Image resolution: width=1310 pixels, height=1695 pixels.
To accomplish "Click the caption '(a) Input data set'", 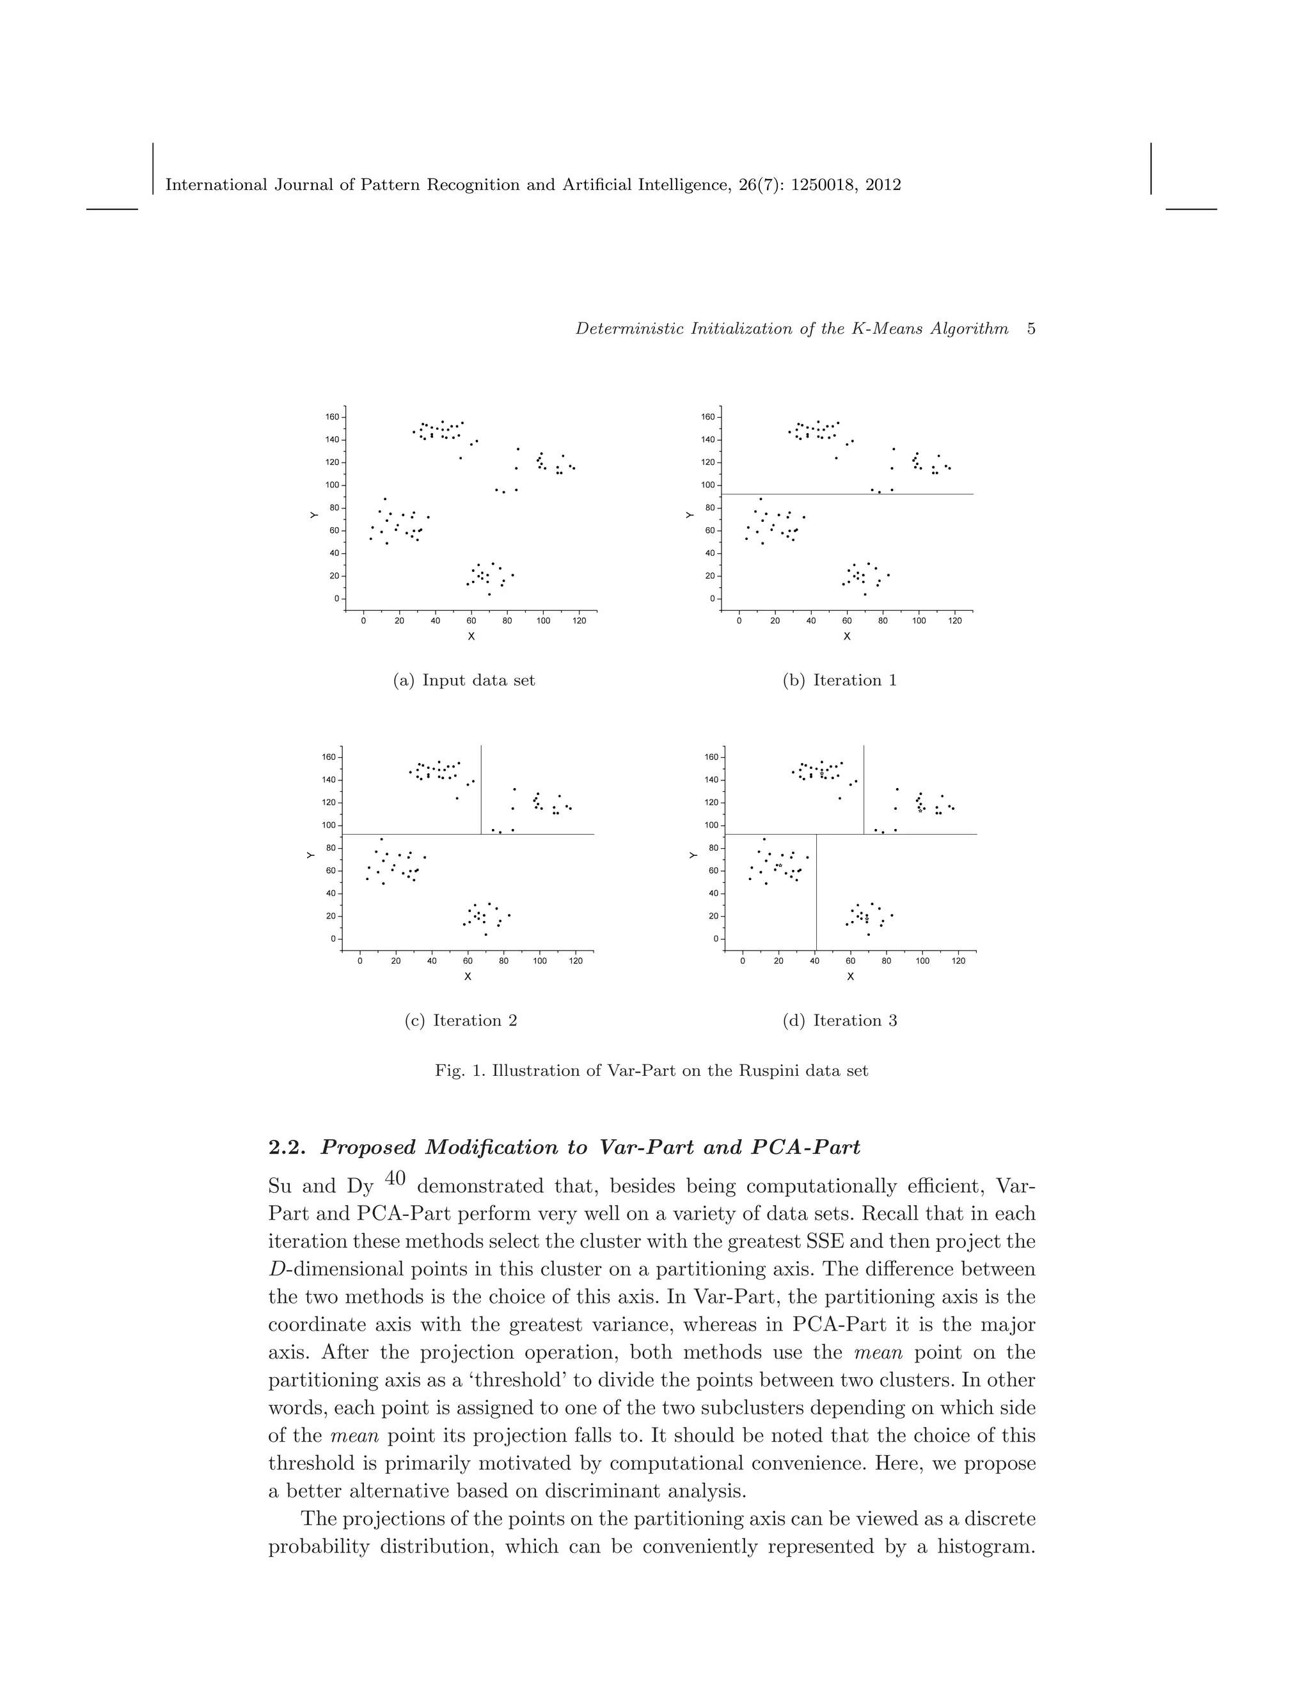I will tap(464, 681).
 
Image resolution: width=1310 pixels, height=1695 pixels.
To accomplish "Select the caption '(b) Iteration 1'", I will tap(840, 681).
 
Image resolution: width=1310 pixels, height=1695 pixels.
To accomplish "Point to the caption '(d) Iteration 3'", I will tap(840, 1021).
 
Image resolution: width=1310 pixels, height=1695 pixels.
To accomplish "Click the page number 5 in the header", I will tap(1030, 329).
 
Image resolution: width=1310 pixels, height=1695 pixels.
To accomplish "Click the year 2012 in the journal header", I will tap(884, 185).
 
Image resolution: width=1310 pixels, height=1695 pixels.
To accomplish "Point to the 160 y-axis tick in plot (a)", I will tap(331, 417).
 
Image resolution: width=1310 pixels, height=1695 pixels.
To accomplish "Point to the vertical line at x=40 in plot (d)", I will tap(816, 892).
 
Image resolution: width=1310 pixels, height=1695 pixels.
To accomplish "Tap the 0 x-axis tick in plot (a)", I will tap(363, 622).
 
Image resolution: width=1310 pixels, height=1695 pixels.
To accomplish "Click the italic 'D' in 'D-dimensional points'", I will tap(274, 1270).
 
